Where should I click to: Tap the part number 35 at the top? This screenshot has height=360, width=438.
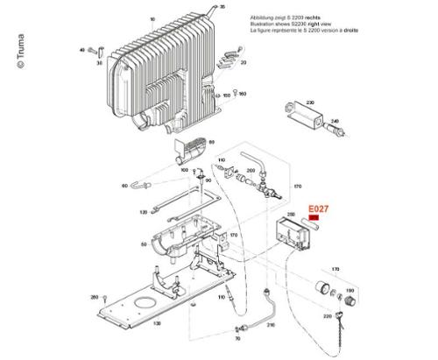coord(222,7)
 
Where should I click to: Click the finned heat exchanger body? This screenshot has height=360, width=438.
coord(162,66)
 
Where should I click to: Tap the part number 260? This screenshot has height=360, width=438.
coord(95,298)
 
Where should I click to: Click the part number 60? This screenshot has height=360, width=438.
coord(124,187)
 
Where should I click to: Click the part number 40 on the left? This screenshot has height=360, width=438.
coord(81,50)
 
